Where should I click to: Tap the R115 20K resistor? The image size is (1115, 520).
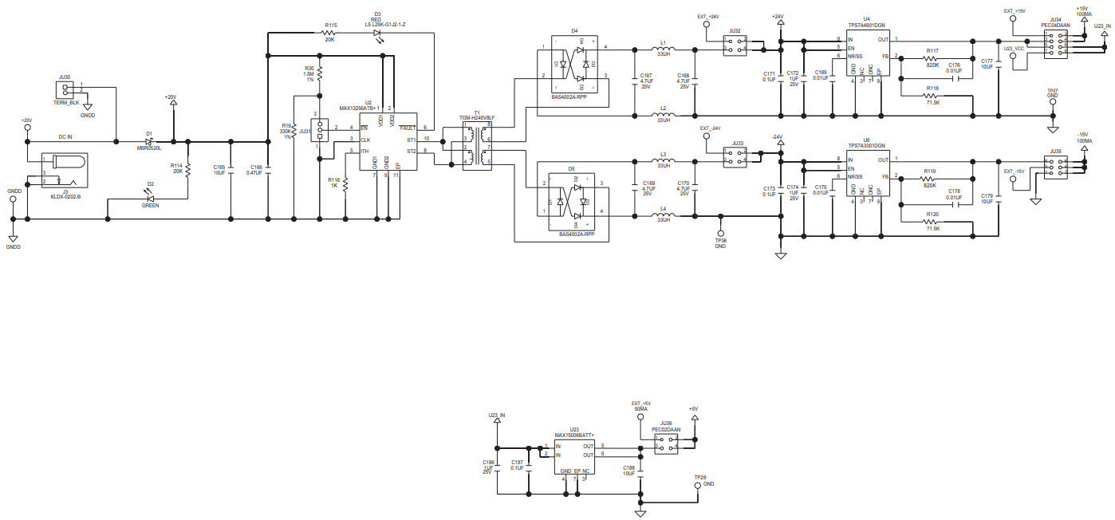(x=329, y=34)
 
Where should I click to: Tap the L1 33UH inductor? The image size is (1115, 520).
(x=664, y=50)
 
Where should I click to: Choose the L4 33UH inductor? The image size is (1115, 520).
(x=664, y=215)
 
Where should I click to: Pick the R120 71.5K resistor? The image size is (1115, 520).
(x=931, y=223)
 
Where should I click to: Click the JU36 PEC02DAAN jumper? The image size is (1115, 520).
(x=665, y=443)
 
